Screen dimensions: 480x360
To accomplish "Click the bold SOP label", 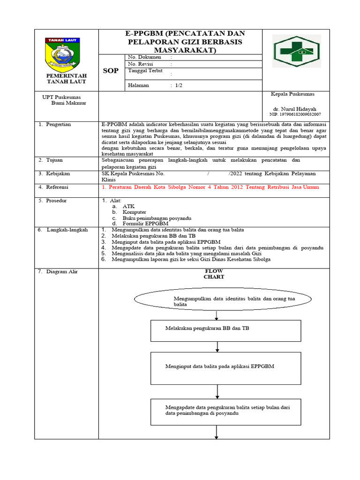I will pyautogui.click(x=111, y=71).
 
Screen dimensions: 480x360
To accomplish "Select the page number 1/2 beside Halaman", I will pyautogui.click(x=180, y=85).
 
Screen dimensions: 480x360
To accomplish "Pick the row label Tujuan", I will pyautogui.click(x=54, y=160).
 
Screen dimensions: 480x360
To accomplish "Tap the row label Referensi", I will pyautogui.click(x=57, y=187).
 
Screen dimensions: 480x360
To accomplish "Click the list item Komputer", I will pyautogui.click(x=135, y=212).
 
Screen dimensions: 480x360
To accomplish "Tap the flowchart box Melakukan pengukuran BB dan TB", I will pyautogui.click(x=225, y=330).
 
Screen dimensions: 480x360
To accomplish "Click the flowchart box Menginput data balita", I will pyautogui.click(x=225, y=366).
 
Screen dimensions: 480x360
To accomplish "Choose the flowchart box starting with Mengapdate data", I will pyautogui.click(x=225, y=412).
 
